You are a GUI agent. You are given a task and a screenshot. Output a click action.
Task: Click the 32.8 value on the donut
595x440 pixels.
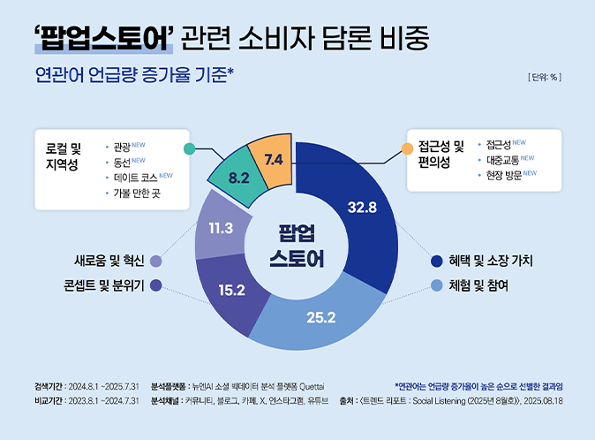363,209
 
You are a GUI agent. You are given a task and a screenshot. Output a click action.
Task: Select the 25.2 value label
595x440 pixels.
320,317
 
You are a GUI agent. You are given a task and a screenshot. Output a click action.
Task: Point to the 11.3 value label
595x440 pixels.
221,228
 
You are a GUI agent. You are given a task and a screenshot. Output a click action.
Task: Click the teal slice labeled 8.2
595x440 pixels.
238,178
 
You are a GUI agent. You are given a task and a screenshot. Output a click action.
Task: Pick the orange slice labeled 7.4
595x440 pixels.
273,160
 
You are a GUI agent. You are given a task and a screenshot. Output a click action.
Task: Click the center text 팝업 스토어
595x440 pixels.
297,246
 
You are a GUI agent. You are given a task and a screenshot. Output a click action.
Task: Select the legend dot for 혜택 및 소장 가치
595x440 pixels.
435,262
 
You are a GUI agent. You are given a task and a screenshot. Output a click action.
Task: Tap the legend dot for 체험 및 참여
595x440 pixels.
435,285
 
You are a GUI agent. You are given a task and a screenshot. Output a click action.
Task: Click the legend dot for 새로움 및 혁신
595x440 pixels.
156,262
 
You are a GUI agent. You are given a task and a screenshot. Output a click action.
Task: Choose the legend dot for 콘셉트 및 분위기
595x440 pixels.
156,285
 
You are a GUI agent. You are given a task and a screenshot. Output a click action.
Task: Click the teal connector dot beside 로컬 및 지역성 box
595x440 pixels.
189,148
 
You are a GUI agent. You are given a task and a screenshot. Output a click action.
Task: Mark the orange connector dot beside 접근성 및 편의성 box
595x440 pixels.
407,148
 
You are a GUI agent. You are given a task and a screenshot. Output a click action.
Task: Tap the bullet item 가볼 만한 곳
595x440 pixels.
137,193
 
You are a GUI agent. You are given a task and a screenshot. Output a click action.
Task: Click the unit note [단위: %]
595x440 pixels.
544,77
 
